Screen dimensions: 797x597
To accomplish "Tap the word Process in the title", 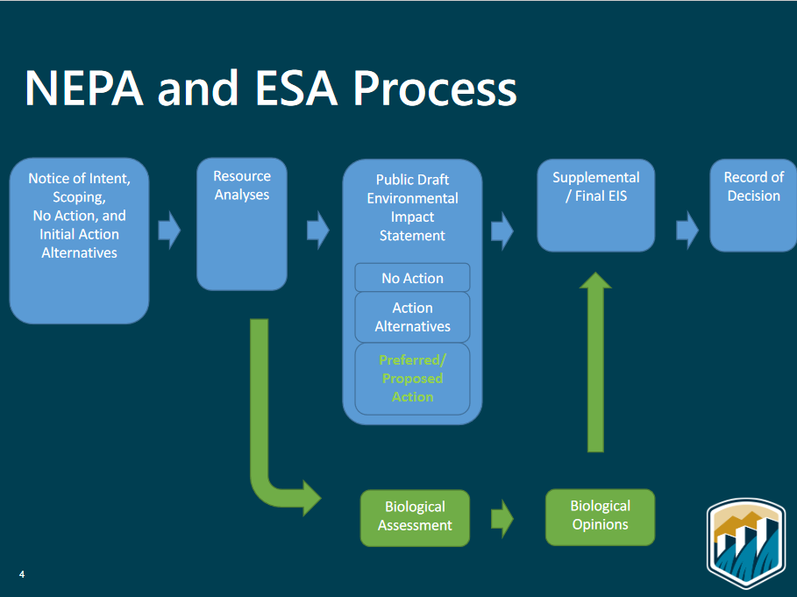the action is [x=435, y=89].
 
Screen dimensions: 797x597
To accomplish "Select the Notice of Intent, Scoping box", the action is [x=79, y=240].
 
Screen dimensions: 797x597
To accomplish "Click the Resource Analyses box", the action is [x=242, y=224].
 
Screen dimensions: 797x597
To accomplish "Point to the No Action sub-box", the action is [x=412, y=277].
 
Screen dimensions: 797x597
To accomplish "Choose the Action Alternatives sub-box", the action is [x=412, y=317].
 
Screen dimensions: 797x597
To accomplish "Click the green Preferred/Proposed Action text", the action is [x=412, y=378].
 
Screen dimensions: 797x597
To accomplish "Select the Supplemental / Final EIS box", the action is [x=595, y=205].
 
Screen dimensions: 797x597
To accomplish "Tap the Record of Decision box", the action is [x=753, y=205].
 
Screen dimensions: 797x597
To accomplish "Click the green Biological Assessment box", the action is [x=415, y=518].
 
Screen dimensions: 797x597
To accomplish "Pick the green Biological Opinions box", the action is [x=600, y=517].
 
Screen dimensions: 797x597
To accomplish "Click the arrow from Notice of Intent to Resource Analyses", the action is [x=169, y=231].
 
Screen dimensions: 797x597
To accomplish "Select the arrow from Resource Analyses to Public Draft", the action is [x=318, y=231].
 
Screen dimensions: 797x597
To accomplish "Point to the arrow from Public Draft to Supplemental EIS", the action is [x=502, y=231].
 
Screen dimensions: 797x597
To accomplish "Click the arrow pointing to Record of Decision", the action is [x=687, y=231].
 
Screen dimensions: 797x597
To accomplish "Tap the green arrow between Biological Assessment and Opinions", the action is [x=502, y=519].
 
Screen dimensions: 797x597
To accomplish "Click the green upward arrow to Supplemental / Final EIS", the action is [x=595, y=362].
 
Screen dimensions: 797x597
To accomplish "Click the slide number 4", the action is [x=22, y=574].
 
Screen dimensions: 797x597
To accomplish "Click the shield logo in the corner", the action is [x=746, y=542].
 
